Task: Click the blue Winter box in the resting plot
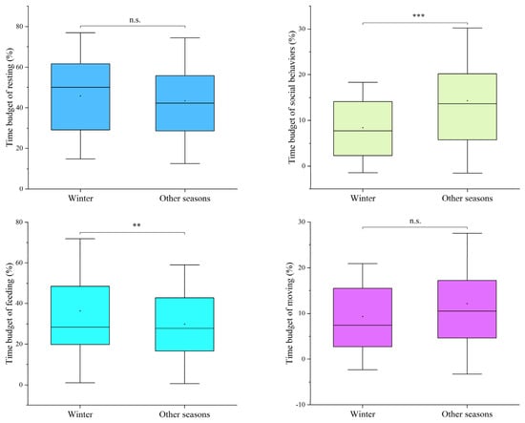[x=80, y=96]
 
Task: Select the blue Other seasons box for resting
[x=185, y=103]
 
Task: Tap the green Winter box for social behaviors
[x=363, y=129]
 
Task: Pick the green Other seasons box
[x=467, y=107]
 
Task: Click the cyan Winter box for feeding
[x=80, y=315]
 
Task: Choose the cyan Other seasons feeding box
[x=184, y=325]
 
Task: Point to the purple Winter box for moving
[x=363, y=317]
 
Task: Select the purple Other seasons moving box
[x=467, y=308]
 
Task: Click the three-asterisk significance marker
[x=418, y=15]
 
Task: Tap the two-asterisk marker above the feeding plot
[x=136, y=225]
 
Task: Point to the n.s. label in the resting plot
[x=135, y=20]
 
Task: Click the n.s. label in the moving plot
[x=415, y=221]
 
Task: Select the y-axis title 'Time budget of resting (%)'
[x=10, y=97]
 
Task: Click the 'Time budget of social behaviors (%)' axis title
[x=292, y=96]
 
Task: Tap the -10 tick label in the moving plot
[x=301, y=405]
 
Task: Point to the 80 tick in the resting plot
[x=20, y=26]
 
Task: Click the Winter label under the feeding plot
[x=80, y=414]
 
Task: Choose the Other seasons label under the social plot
[x=467, y=199]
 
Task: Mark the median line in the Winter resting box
[x=80, y=87]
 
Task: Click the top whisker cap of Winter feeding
[x=80, y=239]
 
